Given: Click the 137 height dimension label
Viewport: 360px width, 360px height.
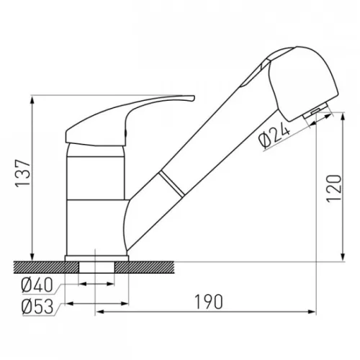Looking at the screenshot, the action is pos(23,173).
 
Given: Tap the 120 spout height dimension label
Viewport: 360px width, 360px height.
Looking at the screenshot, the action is pos(334,189).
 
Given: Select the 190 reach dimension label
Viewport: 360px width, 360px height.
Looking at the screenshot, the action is pos(209,302).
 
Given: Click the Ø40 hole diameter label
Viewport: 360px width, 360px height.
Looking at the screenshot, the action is pos(37,285).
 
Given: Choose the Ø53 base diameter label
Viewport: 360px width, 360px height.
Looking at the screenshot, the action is pos(37,307).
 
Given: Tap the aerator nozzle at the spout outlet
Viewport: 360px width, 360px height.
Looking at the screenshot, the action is pos(315,111).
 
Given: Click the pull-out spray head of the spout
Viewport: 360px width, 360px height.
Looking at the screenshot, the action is pos(305,81).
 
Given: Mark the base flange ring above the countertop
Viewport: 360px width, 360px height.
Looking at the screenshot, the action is pos(96,258).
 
